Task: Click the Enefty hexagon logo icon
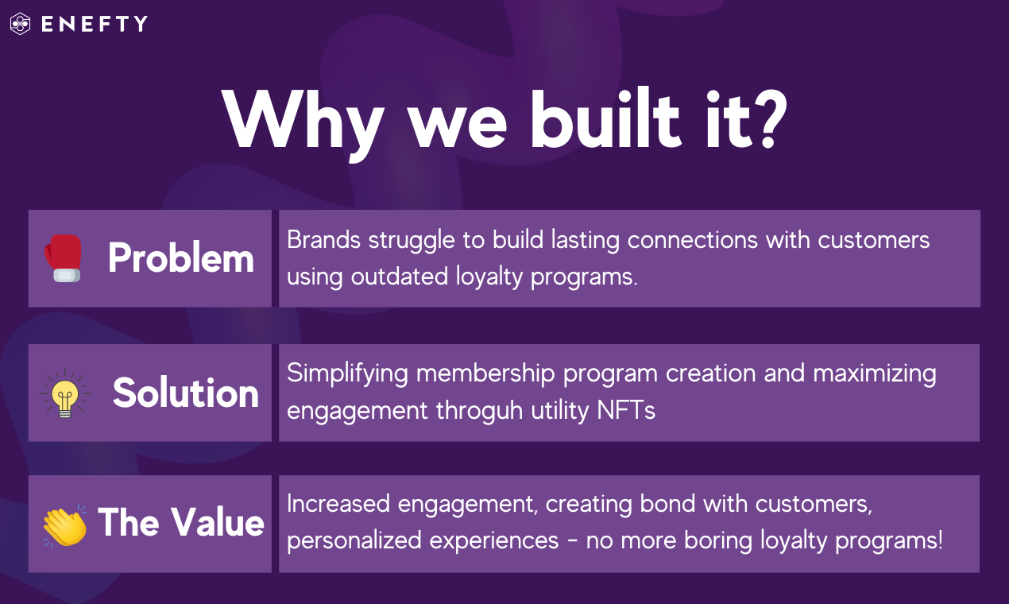click(21, 23)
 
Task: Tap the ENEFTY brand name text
click(95, 24)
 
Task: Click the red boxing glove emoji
click(64, 258)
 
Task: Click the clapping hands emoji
click(65, 526)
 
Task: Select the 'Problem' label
click(180, 257)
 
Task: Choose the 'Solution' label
click(186, 393)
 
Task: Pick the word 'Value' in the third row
click(218, 522)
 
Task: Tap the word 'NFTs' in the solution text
click(626, 410)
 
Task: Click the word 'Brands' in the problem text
click(324, 240)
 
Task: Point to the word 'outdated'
click(399, 276)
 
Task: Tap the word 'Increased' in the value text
click(338, 504)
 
